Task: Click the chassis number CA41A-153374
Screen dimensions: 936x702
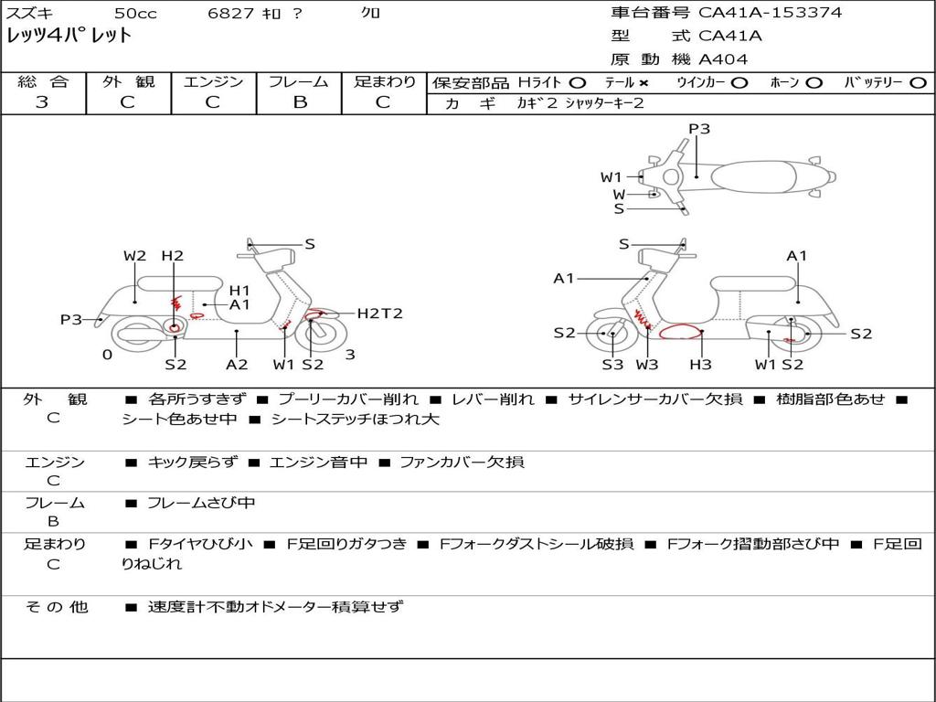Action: tap(770, 13)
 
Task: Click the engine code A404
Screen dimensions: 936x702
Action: tap(723, 59)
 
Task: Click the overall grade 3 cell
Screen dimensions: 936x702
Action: tap(42, 101)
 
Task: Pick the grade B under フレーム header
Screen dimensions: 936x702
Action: tap(299, 101)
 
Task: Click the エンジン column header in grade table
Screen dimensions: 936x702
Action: tap(213, 81)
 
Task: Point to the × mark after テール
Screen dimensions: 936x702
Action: tap(644, 83)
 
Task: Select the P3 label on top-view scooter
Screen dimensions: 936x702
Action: tap(699, 129)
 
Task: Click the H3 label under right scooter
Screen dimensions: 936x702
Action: tap(701, 365)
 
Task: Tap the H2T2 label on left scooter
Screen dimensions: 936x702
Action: tap(379, 314)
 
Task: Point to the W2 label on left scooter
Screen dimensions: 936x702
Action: tap(134, 256)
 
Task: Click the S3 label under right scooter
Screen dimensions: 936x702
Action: tap(612, 365)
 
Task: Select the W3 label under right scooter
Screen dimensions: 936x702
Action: tap(647, 365)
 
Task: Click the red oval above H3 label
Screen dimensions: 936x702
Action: tap(682, 333)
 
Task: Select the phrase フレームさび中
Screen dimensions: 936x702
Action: tap(201, 503)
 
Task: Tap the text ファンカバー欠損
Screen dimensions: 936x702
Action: tap(462, 463)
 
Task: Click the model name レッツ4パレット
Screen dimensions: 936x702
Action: tap(69, 37)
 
